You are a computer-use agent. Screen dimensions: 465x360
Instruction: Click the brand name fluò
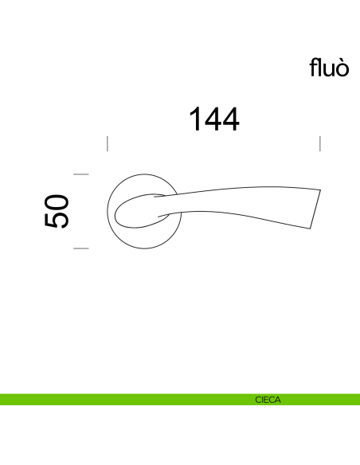coord(329,68)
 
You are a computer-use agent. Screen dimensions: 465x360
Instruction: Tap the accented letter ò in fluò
coord(342,68)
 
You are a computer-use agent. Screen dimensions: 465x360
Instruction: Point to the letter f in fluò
coord(314,68)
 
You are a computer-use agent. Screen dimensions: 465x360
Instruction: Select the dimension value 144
coord(213,120)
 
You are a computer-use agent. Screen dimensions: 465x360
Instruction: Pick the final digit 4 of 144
coord(230,120)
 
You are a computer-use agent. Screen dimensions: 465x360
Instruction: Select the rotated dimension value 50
coord(57,211)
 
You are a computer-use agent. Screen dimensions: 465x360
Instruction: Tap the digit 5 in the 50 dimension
coord(57,221)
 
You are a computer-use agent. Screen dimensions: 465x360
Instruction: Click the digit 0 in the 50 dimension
coord(57,201)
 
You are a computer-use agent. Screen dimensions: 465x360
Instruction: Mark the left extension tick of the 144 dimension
coord(108,143)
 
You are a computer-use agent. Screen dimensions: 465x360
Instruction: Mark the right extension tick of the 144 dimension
coord(319,143)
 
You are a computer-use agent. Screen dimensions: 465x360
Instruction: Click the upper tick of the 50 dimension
coord(81,174)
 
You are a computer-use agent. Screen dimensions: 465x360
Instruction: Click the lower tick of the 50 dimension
coord(81,248)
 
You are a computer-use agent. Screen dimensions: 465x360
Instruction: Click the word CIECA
coord(268,400)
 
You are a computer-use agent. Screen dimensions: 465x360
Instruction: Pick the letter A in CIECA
coord(277,400)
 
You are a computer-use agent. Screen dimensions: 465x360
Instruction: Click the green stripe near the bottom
coord(119,400)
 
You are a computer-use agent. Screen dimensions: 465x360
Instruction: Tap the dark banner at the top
coord(180,25)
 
